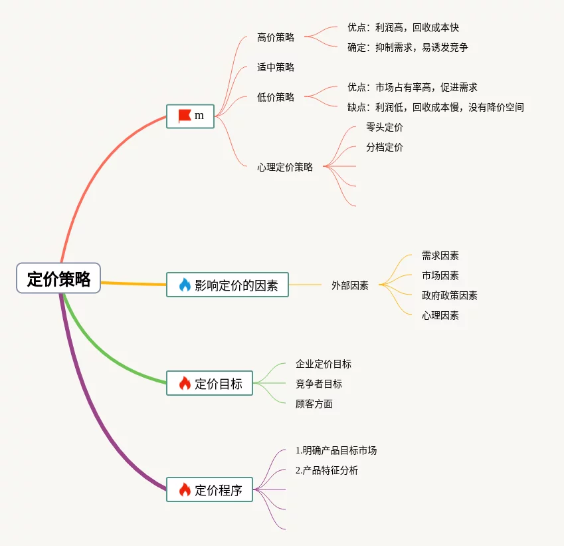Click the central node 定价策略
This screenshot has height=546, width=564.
[58, 278]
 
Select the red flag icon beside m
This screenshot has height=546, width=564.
[185, 116]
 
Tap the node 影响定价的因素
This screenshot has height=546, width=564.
[227, 285]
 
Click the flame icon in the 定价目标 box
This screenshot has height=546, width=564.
[185, 383]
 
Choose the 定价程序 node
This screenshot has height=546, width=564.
[209, 490]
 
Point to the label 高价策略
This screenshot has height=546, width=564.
[276, 38]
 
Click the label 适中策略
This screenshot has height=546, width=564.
[276, 67]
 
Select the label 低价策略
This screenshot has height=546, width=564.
[276, 97]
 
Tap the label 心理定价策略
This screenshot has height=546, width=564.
[285, 167]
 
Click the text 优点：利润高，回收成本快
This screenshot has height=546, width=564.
[403, 28]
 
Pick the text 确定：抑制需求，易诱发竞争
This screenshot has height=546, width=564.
[408, 47]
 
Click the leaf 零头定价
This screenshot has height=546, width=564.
[385, 127]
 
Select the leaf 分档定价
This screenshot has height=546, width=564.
[385, 147]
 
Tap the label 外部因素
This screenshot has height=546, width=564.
[350, 285]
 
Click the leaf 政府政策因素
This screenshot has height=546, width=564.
[450, 295]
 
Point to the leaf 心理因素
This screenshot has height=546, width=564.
[440, 315]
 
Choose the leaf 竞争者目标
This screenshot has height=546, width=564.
[319, 384]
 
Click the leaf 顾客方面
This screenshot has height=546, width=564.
[314, 404]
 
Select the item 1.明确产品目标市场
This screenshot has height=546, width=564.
[336, 450]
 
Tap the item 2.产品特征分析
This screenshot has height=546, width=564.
[327, 470]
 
